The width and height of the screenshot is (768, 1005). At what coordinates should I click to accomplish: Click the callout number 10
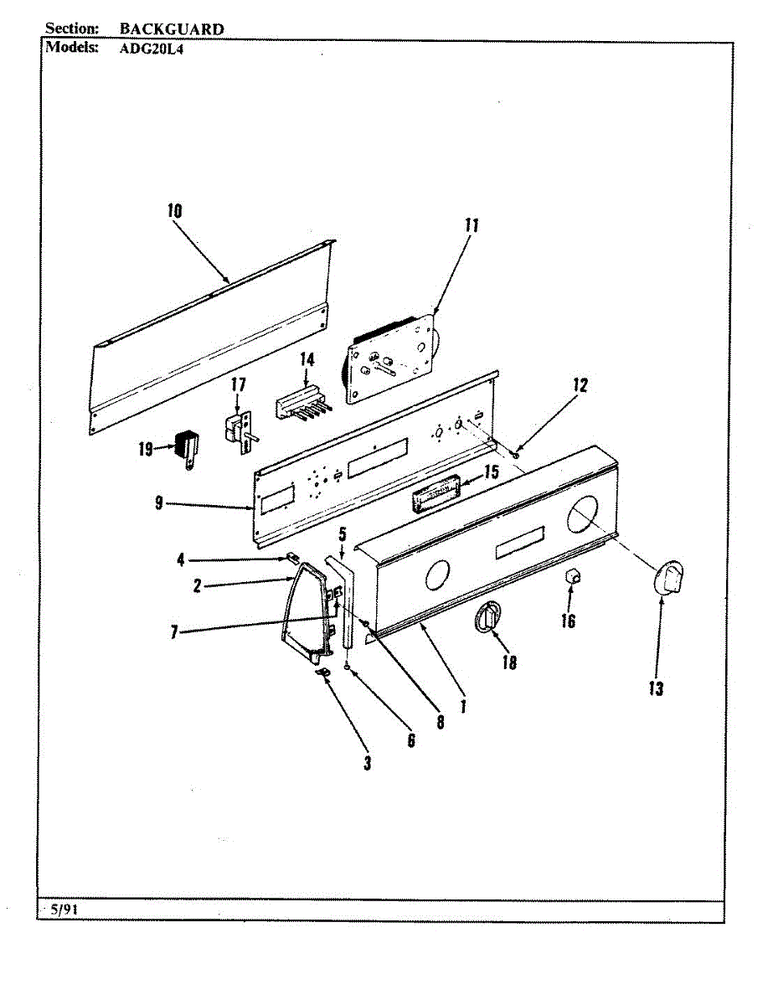[174, 211]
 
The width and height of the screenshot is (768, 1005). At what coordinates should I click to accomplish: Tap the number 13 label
[655, 688]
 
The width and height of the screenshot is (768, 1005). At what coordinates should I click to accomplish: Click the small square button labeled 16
[572, 575]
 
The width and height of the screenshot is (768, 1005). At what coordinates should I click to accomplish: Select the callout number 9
[158, 503]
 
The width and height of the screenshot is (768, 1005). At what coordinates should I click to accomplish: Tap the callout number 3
[367, 763]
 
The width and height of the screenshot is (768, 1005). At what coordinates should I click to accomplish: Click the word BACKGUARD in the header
[172, 29]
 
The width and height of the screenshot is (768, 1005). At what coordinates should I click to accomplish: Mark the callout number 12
[580, 386]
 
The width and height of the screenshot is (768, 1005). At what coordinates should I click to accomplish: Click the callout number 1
[461, 706]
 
